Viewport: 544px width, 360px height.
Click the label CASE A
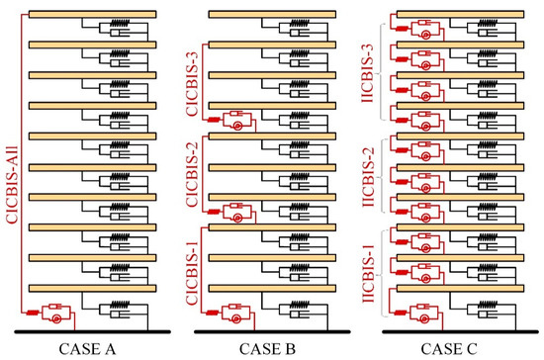click(87, 349)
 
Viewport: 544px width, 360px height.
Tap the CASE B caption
click(267, 349)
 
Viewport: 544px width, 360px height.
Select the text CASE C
click(449, 349)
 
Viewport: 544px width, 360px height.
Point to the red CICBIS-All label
click(12, 185)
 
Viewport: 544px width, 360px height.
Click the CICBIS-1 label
click(192, 273)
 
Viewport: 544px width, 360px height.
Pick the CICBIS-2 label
click(192, 174)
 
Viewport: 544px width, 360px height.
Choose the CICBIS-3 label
click(192, 84)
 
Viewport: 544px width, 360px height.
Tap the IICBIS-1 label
click(368, 274)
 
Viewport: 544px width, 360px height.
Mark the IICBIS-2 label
click(368, 177)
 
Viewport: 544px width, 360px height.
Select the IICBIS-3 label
click(367, 73)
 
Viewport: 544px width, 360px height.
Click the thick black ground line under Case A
click(92, 332)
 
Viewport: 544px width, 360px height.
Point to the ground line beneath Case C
click(460, 332)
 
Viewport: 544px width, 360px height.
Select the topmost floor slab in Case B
click(272, 14)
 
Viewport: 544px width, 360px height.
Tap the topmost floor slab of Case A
click(92, 14)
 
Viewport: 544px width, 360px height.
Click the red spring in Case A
click(33, 313)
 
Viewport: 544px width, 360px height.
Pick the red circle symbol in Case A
click(57, 318)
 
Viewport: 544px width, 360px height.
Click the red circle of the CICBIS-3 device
click(237, 126)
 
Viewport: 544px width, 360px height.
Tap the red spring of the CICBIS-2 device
click(214, 212)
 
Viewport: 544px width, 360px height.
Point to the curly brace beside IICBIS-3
click(381, 72)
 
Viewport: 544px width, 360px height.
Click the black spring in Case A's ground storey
click(120, 305)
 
